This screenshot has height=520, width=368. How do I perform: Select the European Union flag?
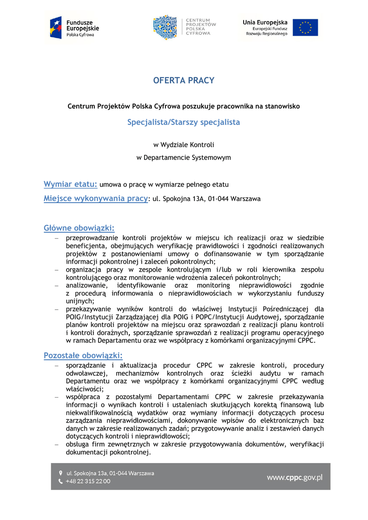pyautogui.click(x=305, y=27)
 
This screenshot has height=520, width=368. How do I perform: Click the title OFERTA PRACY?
pyautogui.click(x=184, y=80)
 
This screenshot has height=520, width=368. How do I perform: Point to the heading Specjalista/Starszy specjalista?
pyautogui.click(x=184, y=122)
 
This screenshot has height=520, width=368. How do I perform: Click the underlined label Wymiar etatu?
pyautogui.click(x=70, y=184)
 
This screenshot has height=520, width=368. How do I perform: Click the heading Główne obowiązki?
pyautogui.click(x=79, y=228)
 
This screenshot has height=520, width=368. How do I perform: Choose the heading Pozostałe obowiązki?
pyautogui.click(x=83, y=355)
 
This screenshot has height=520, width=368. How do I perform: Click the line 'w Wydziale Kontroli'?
pyautogui.click(x=184, y=145)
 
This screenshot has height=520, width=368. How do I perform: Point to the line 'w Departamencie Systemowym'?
pyautogui.click(x=184, y=157)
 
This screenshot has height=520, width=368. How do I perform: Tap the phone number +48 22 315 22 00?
pyautogui.click(x=88, y=481)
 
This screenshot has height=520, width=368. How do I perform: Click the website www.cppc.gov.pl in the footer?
pyautogui.click(x=294, y=477)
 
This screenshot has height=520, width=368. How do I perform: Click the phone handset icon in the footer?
pyautogui.click(x=60, y=481)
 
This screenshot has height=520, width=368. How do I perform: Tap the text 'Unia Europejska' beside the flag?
pyautogui.click(x=265, y=22)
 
